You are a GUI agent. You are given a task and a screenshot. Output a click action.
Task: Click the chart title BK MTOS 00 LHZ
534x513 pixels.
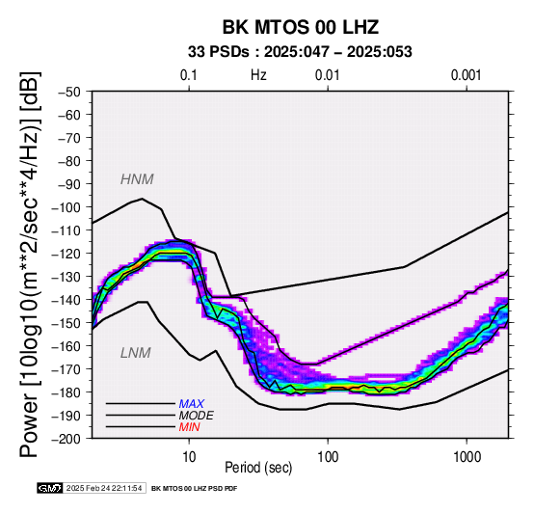[301, 27]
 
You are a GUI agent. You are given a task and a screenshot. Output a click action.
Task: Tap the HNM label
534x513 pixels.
[137, 179]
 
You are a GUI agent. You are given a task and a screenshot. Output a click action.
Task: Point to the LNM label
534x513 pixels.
[136, 353]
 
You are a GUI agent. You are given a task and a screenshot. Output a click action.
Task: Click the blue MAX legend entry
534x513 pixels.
[192, 404]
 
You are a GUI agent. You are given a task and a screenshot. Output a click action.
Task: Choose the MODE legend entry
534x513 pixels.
[197, 416]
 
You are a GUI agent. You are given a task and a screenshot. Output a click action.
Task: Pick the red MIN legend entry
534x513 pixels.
[189, 427]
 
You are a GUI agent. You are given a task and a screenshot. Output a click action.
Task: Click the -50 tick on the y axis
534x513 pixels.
[68, 92]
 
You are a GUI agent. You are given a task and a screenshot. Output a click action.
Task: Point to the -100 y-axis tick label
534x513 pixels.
[66, 207]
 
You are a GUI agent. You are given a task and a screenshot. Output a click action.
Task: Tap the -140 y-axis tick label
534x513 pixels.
[66, 300]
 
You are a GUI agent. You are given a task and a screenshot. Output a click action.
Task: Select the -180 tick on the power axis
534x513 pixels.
[66, 392]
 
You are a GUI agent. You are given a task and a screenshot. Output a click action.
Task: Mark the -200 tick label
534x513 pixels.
[66, 439]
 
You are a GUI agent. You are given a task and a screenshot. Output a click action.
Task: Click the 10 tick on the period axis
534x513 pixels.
[189, 457]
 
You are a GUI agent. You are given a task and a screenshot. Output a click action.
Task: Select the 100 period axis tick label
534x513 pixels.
[328, 457]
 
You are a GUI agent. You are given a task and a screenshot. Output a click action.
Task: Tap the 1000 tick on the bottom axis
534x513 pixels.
[467, 457]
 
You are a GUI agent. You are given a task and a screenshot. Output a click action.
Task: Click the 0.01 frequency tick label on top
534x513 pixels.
[328, 75]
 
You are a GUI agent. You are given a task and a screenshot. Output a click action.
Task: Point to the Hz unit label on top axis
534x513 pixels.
[258, 75]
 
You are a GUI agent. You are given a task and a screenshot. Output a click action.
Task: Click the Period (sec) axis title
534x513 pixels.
[258, 468]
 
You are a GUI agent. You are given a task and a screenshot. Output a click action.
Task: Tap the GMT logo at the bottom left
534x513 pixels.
[50, 488]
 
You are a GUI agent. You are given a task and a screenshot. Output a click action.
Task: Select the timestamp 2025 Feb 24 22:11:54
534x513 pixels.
[104, 488]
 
